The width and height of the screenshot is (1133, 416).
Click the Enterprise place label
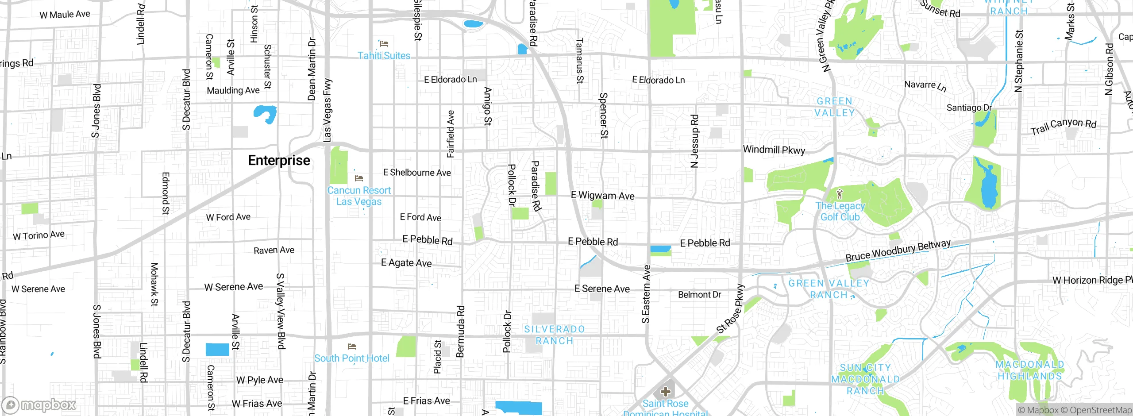279,160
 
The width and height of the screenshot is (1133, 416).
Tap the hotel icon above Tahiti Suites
384,43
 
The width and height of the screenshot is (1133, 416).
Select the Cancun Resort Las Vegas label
359,196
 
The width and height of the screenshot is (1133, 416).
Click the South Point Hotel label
352,358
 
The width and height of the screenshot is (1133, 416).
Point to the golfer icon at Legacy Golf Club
840,194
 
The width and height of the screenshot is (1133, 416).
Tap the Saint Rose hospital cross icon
665,391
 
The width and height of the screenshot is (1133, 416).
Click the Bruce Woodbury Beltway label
898,251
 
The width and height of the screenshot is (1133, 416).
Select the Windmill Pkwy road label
774,150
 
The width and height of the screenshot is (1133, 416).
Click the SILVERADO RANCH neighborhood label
554,335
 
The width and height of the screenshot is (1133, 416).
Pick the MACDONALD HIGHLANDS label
1029,370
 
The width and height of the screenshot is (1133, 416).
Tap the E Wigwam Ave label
602,195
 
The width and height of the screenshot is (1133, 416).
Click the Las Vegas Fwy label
328,111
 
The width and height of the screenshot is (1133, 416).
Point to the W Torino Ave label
39,235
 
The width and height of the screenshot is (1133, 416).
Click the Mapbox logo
39,404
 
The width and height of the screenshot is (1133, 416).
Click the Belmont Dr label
699,295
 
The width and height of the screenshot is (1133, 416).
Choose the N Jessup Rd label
694,141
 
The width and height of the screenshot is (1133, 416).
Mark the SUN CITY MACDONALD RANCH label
865,379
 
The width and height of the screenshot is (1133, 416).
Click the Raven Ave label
274,250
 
